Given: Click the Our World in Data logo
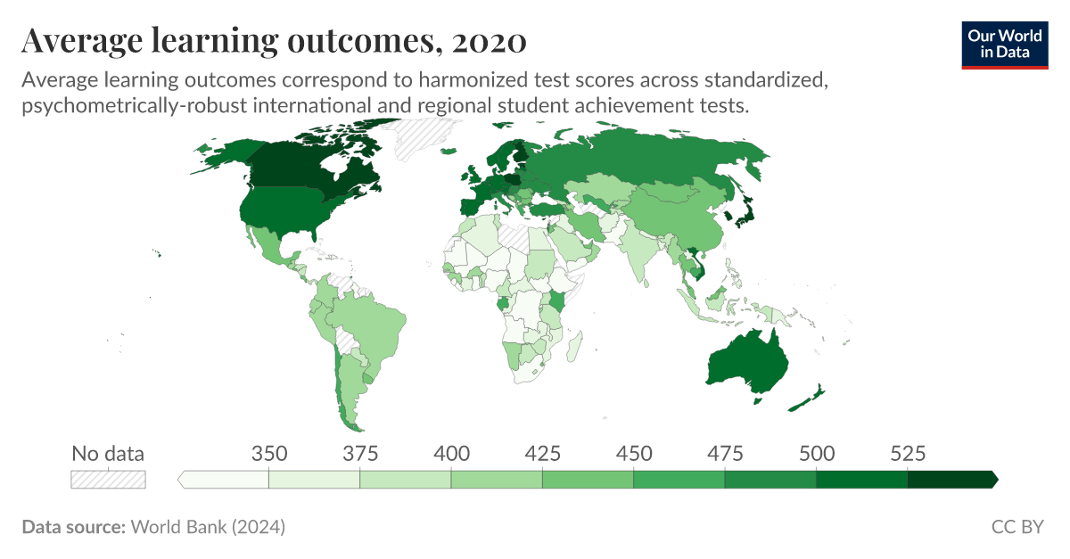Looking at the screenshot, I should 1004,44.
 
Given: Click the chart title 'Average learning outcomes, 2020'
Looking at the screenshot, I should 273,40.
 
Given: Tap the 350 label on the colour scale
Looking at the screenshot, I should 268,453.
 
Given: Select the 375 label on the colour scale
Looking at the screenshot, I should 359,453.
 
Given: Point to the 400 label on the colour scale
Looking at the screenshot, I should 451,453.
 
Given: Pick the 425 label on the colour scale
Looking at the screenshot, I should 542,453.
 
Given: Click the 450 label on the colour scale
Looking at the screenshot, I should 634,453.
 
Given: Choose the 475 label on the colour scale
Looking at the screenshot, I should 725,453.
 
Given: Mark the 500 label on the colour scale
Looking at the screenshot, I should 817,453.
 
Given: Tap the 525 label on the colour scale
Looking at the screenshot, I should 908,453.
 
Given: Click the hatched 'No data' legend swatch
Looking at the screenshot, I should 108,480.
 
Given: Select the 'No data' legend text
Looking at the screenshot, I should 108,453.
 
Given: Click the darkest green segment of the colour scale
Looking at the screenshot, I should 951,480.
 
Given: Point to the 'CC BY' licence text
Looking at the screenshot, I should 1017,527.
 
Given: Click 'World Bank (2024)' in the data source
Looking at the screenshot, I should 208,527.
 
